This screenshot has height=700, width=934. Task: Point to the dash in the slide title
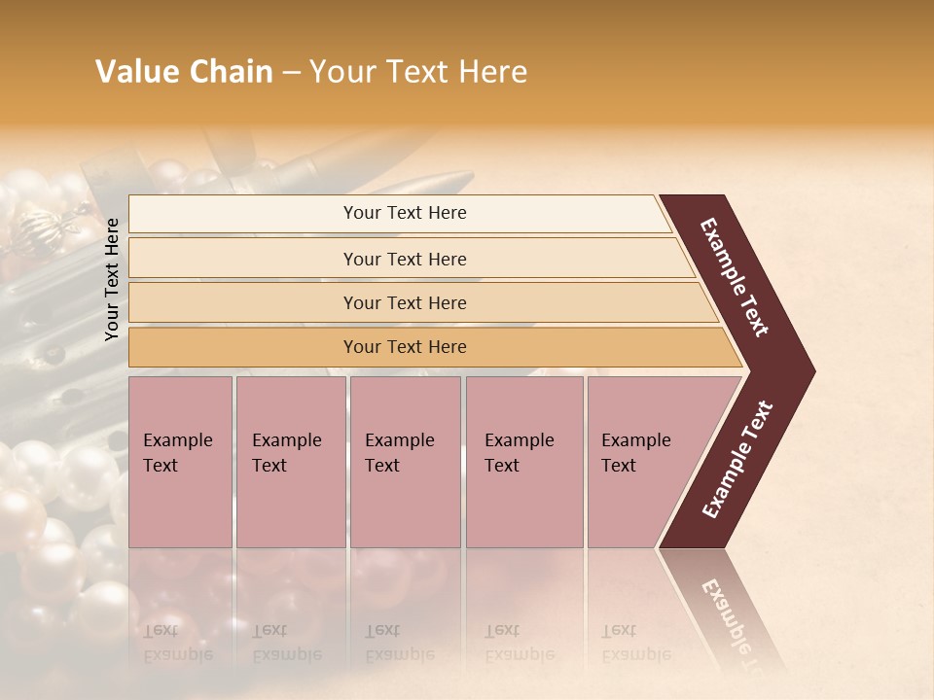pyautogui.click(x=291, y=73)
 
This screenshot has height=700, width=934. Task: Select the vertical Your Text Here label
pyautogui.click(x=112, y=279)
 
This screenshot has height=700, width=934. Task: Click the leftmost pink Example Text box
pyautogui.click(x=180, y=461)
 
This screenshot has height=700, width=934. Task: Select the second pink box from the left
pyautogui.click(x=290, y=461)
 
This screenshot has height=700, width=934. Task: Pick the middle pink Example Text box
pyautogui.click(x=405, y=461)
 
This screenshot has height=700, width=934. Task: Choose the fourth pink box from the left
pyautogui.click(x=524, y=461)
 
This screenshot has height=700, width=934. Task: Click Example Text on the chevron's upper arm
pyautogui.click(x=735, y=277)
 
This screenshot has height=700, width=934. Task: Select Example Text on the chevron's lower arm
pyautogui.click(x=736, y=460)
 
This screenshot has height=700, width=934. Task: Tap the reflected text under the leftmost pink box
pyautogui.click(x=177, y=642)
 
